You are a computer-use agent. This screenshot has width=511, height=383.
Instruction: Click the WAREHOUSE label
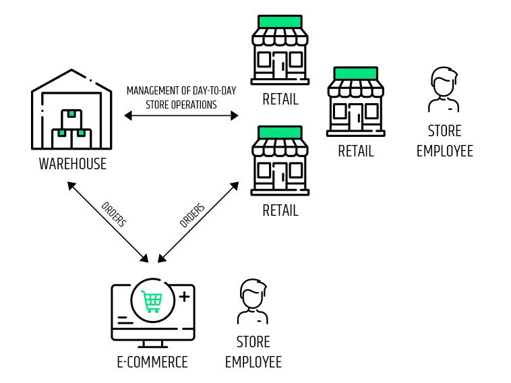73,164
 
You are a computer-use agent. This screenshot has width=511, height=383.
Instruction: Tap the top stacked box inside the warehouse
71,119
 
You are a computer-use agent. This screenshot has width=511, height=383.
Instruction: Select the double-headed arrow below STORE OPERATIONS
181,115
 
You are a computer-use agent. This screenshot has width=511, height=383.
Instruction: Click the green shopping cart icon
152,301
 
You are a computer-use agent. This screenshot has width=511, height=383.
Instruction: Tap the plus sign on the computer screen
184,297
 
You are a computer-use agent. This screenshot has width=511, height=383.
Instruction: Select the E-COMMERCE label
152,362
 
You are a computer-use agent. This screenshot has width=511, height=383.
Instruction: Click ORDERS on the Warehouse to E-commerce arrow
114,214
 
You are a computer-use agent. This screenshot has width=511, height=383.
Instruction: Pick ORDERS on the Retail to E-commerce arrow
192,215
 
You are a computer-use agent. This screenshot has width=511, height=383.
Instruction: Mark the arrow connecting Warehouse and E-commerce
108,222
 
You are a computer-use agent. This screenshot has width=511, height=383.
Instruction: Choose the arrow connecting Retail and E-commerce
198,222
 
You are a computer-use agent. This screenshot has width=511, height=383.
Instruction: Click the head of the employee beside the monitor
253,294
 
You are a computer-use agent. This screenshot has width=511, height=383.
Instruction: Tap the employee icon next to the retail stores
444,90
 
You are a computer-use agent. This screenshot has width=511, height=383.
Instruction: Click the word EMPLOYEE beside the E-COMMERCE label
253,362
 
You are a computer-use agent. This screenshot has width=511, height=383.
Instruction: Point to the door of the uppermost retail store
280,65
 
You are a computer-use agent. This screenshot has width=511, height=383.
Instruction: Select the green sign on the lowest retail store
280,132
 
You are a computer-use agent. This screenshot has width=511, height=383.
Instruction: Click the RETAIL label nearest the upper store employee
356,151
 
